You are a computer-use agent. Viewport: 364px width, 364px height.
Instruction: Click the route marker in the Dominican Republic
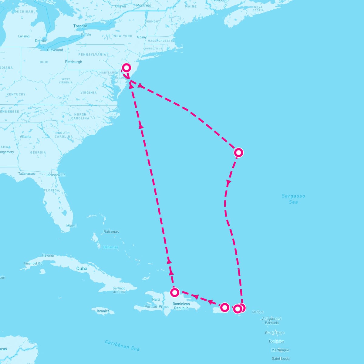click(x=174, y=292)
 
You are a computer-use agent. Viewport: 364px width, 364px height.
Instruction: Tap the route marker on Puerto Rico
click(x=224, y=307)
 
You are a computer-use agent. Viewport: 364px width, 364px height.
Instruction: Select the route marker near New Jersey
click(x=126, y=67)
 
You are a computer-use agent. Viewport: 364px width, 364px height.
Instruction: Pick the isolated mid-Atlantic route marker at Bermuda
click(x=239, y=152)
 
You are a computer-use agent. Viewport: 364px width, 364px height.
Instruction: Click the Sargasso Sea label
click(x=293, y=199)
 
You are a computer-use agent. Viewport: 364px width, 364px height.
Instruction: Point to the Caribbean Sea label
click(x=122, y=345)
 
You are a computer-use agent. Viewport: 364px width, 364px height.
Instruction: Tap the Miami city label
click(x=71, y=226)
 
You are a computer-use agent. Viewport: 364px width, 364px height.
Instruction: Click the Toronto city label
click(x=80, y=26)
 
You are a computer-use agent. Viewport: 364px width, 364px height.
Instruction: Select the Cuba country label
click(x=82, y=268)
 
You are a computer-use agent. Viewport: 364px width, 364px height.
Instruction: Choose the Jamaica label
click(x=103, y=311)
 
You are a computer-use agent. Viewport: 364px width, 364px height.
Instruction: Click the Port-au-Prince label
click(x=157, y=306)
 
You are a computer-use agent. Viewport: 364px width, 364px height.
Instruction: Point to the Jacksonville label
click(x=56, y=175)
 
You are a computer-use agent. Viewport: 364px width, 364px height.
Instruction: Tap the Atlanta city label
click(x=25, y=136)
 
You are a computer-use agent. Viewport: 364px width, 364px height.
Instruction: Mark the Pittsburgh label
click(x=73, y=62)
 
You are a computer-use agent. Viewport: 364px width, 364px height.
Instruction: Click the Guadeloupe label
click(x=275, y=333)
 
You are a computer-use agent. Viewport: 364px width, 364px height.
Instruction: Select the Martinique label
click(x=280, y=350)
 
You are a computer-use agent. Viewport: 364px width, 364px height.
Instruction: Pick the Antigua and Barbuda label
click(x=271, y=321)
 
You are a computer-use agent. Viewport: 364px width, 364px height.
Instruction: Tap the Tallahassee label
click(x=27, y=174)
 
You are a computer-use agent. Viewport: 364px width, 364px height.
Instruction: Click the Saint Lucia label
click(x=281, y=359)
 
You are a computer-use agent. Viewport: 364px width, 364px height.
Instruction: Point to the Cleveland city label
click(x=55, y=50)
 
